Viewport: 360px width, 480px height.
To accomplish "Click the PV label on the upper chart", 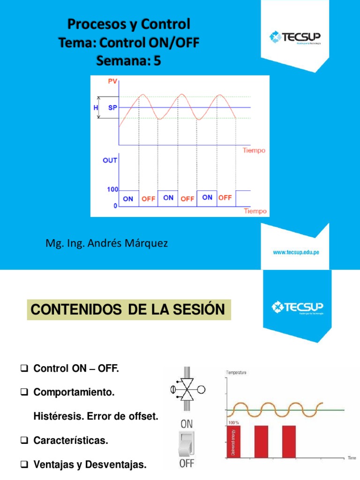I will pos(112,82).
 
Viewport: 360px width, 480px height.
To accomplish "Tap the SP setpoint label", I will pos(112,107).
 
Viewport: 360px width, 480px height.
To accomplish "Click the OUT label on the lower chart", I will pos(110,160).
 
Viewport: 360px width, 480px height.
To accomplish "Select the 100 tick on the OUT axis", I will pos(112,190).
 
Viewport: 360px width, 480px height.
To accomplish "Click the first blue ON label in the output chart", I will pos(128,199).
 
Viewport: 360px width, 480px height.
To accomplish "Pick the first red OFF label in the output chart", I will pos(148,199).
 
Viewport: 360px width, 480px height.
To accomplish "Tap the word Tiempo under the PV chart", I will pos(254,150).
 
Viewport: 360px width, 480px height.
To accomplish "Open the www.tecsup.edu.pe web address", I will pos(296,252).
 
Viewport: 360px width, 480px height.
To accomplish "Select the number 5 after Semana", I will pos(157,61).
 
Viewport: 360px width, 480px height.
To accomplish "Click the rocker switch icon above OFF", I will pos(187,443).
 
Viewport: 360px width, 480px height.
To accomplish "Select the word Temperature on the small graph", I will pos(237,372).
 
